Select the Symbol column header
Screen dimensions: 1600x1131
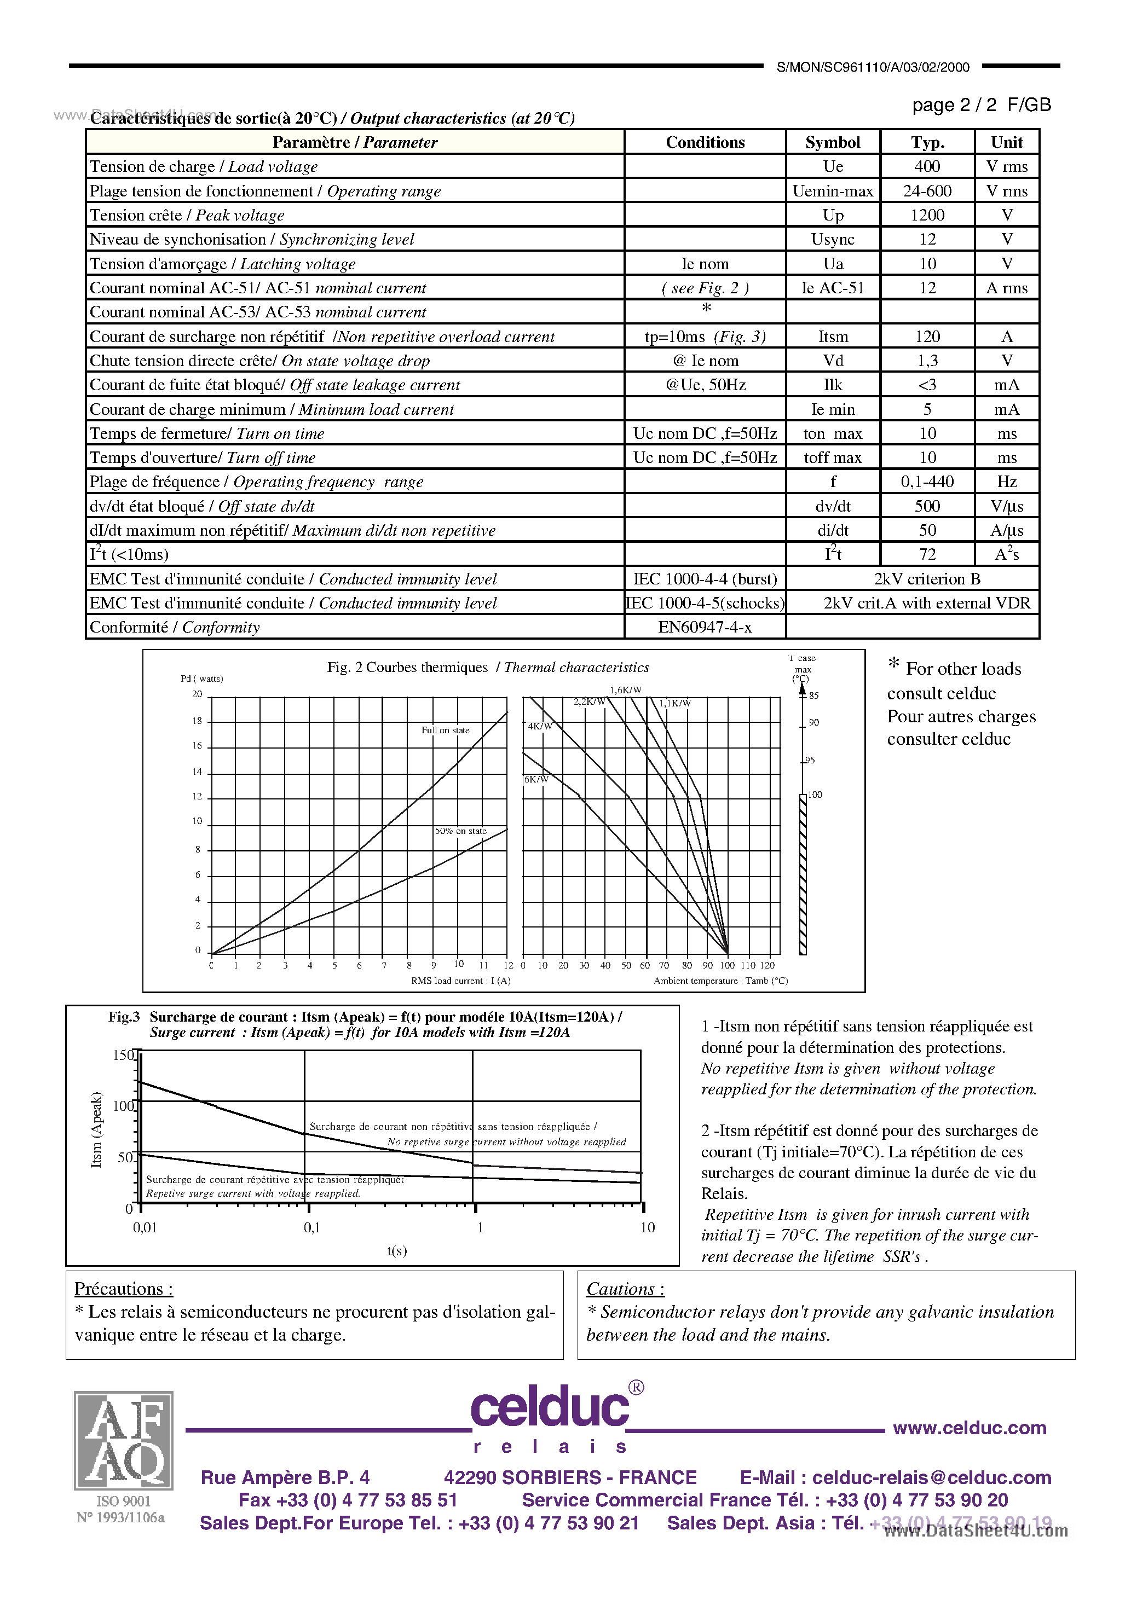pos(833,142)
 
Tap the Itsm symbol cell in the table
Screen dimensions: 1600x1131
pos(833,337)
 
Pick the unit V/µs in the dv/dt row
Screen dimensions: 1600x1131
pos(1006,506)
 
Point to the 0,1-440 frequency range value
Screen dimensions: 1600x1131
pos(927,482)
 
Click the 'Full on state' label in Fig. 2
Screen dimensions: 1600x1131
pos(445,731)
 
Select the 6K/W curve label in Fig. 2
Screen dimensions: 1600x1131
pos(536,779)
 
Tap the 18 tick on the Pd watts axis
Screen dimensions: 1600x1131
pos(197,721)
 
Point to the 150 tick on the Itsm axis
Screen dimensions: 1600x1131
pos(123,1055)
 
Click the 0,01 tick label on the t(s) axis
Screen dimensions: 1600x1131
pos(145,1228)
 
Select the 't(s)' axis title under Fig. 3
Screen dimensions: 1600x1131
pos(397,1251)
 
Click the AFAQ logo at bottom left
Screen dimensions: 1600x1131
pos(123,1440)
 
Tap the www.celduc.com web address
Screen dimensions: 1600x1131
pos(969,1428)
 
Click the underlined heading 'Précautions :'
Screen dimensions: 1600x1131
pos(123,1289)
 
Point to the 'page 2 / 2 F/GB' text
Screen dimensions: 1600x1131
pos(981,105)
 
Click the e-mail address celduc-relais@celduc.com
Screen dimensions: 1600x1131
pos(932,1477)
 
